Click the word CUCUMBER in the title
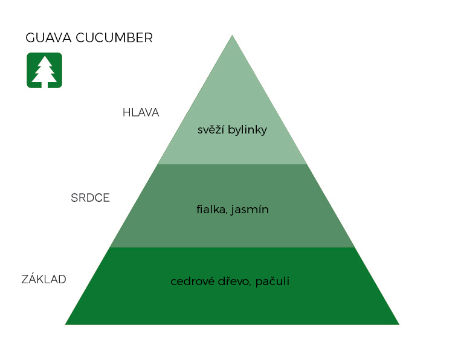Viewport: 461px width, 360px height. coord(115,38)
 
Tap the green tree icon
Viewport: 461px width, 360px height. coord(44,70)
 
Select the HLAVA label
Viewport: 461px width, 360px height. coord(141,112)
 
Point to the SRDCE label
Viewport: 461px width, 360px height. coord(90,198)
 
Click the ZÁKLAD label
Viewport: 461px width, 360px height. coord(44,279)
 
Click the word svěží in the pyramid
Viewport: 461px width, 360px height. coord(210,130)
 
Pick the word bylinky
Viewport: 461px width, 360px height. coord(247,130)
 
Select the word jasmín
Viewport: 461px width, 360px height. coord(250,210)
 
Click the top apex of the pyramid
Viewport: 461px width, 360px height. coord(232,36)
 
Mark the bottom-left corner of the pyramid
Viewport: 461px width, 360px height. coord(66,324)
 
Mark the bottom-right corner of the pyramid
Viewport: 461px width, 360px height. coord(398,324)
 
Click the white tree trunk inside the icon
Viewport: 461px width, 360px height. coord(44,84)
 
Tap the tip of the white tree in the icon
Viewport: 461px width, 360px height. coord(44,57)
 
